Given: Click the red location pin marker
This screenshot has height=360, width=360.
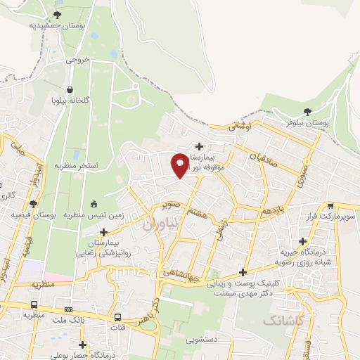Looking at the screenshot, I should [180, 165].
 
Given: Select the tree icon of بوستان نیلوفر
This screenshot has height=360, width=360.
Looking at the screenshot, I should [307, 112].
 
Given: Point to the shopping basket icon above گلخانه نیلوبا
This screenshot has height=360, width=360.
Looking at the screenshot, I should [71, 90].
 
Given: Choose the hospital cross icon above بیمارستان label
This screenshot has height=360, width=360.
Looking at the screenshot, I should [200, 147].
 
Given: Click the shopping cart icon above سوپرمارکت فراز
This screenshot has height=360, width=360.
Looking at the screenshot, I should [330, 207].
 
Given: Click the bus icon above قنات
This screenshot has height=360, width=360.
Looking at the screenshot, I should [118, 317].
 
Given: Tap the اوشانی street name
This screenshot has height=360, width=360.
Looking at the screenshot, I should [239, 126].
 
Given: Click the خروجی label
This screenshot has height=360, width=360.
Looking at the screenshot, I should [79, 60].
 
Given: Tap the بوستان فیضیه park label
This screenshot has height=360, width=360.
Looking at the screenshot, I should [34, 214].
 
